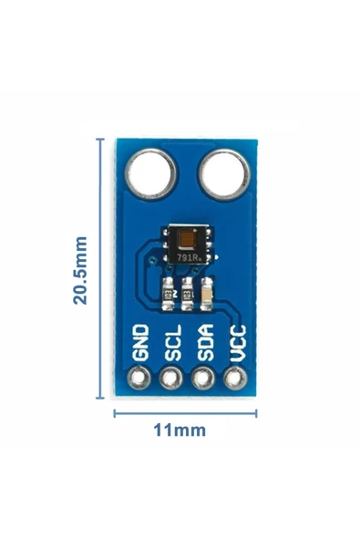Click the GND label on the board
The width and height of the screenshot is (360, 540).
(x=140, y=343)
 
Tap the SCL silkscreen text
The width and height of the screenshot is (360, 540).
(x=173, y=343)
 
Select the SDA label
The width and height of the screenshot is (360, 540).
(x=205, y=343)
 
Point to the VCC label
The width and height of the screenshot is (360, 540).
(x=238, y=343)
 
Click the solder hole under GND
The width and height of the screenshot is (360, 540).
(x=139, y=379)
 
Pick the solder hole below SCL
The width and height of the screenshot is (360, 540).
(x=171, y=379)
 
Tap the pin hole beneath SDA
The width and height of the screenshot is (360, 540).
(x=203, y=379)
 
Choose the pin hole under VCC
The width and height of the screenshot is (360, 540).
(x=235, y=379)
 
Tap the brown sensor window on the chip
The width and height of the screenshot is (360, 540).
(x=188, y=239)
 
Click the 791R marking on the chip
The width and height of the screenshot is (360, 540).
(x=187, y=257)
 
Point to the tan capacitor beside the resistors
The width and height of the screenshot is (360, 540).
(x=207, y=294)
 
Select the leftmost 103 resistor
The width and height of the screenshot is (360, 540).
(x=169, y=294)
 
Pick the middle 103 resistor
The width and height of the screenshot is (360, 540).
(x=188, y=294)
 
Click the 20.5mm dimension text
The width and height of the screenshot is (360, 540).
(x=80, y=270)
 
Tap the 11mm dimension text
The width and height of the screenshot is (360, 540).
(x=180, y=431)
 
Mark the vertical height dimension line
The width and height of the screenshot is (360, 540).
(x=100, y=268)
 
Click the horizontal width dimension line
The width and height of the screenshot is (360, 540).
(x=185, y=413)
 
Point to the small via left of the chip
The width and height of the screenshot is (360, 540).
(x=152, y=260)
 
